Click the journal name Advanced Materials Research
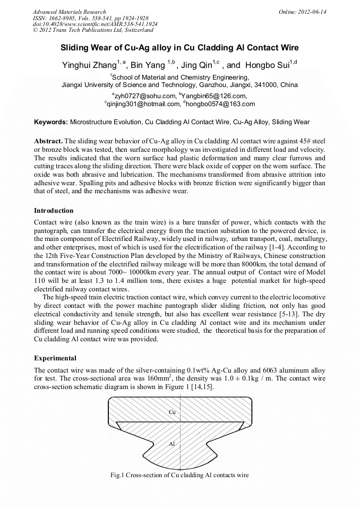click(69, 12)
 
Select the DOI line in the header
click(95, 24)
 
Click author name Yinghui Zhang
click(89, 66)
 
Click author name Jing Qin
click(196, 66)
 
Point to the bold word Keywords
click(51, 122)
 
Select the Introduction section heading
click(55, 211)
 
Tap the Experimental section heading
click(55, 358)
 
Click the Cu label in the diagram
click(172, 412)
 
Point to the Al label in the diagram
click(172, 444)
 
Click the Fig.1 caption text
click(179, 475)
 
